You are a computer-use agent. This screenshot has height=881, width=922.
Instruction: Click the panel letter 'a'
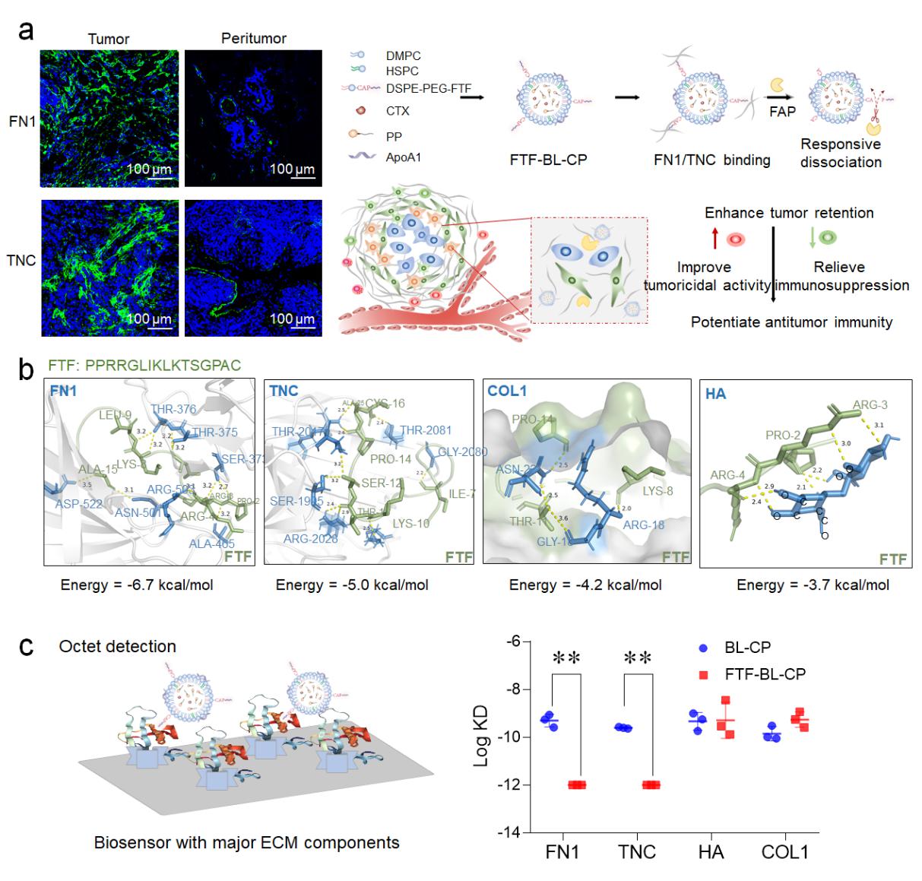point(27,32)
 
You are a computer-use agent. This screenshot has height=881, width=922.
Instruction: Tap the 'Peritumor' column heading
point(253,38)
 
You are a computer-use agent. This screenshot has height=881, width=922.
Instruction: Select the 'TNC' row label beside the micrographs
point(21,261)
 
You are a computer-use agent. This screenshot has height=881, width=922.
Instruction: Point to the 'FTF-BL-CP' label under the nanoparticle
point(548,160)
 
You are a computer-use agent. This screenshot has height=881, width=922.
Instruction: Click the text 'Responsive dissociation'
point(841,153)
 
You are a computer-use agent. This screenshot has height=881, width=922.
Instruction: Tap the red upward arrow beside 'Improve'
point(714,239)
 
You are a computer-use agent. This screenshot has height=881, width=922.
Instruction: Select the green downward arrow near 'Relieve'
point(813,239)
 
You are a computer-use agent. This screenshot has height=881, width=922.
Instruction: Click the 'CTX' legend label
point(398,111)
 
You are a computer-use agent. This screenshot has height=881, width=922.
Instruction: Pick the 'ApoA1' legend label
point(403,157)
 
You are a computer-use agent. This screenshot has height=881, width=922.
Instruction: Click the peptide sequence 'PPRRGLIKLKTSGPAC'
point(163,366)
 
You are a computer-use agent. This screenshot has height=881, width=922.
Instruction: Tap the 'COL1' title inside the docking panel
point(507,391)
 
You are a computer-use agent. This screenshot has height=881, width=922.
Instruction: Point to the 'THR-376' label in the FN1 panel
point(173,409)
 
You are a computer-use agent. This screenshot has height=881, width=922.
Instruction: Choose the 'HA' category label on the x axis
point(711,852)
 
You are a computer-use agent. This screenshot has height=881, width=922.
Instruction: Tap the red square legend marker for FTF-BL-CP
point(703,673)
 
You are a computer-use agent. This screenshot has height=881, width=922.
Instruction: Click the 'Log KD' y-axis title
point(481,737)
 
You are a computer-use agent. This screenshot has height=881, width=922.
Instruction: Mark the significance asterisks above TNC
point(637,658)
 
